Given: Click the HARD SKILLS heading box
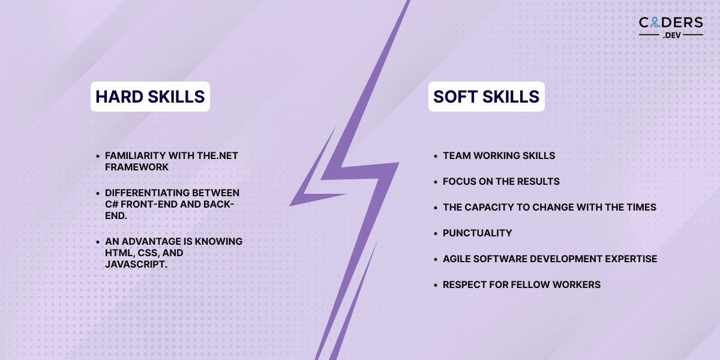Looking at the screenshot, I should pos(150,97).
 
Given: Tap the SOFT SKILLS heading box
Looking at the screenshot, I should pos(486,97).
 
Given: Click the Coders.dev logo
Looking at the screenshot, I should pos(671,27).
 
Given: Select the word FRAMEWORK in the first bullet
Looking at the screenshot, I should pos(137,167).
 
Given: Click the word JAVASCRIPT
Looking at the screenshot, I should pos(136,265).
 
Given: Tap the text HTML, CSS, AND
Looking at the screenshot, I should pos(144,253).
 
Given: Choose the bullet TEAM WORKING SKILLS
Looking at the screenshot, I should pos(499,155).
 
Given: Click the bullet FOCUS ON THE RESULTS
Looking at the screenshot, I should pos(501,181).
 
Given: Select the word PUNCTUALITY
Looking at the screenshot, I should pos(477,233).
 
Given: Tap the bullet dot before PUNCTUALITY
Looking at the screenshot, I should pos(436,233).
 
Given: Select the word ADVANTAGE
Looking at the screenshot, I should pos(149,241).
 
